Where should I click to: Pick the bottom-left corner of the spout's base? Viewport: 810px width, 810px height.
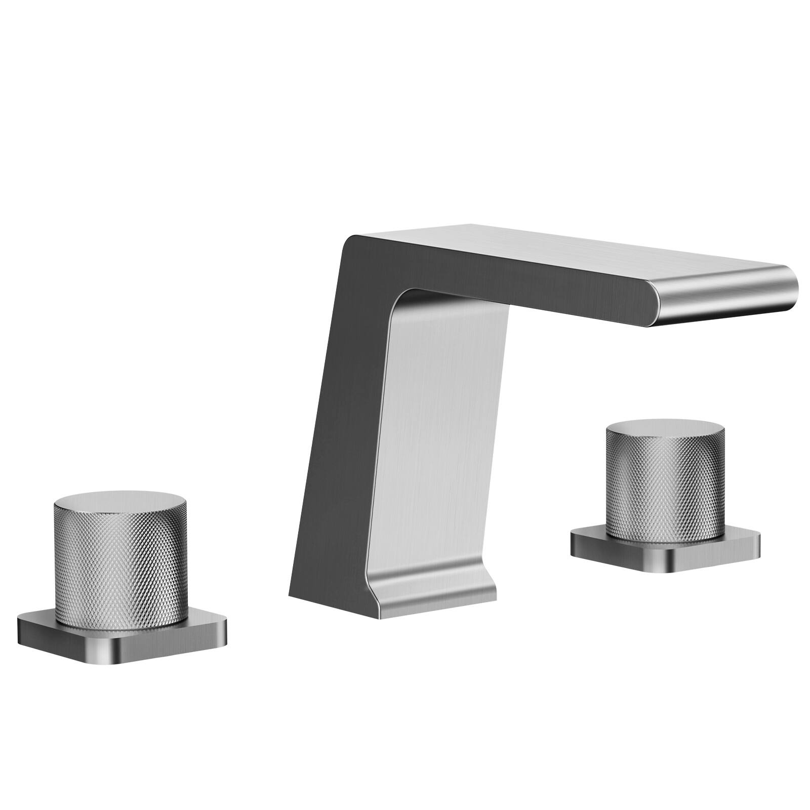point(290,595)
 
